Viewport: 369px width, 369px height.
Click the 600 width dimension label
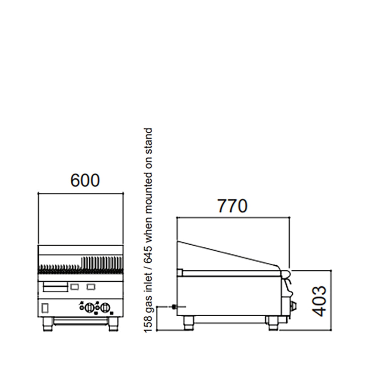[x=85, y=180]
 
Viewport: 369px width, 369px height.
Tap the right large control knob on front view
[x=106, y=307]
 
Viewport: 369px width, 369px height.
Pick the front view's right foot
[x=113, y=324]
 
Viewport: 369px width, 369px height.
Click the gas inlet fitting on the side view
[x=173, y=307]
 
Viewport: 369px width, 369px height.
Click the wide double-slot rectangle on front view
[x=56, y=286]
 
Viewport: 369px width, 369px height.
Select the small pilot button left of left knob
[x=82, y=307]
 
